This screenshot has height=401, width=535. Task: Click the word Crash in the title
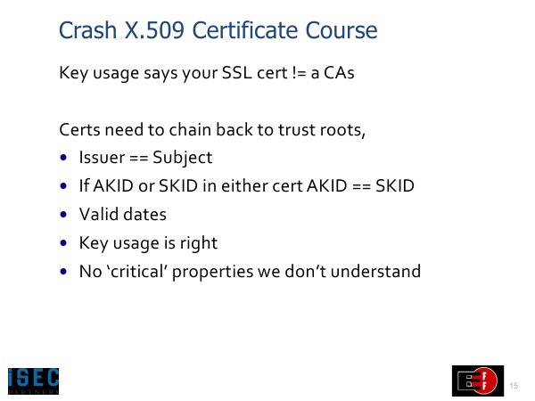(x=87, y=30)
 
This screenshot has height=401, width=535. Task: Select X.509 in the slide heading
(x=154, y=30)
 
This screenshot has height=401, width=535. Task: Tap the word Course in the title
(x=342, y=30)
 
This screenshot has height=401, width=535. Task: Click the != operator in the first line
(x=300, y=73)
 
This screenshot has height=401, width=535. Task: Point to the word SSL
(x=237, y=73)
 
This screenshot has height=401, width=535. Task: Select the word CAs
(x=339, y=73)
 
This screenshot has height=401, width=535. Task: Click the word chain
(x=190, y=129)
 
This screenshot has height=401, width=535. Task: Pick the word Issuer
(x=102, y=158)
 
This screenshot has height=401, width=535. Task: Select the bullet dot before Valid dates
(x=63, y=215)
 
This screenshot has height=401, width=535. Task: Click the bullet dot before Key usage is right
(x=63, y=243)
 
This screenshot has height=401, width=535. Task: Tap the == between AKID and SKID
(x=361, y=186)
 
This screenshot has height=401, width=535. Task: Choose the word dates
(x=144, y=215)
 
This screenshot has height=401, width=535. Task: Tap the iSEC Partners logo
(x=34, y=381)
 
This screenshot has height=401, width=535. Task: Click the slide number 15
(x=514, y=386)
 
